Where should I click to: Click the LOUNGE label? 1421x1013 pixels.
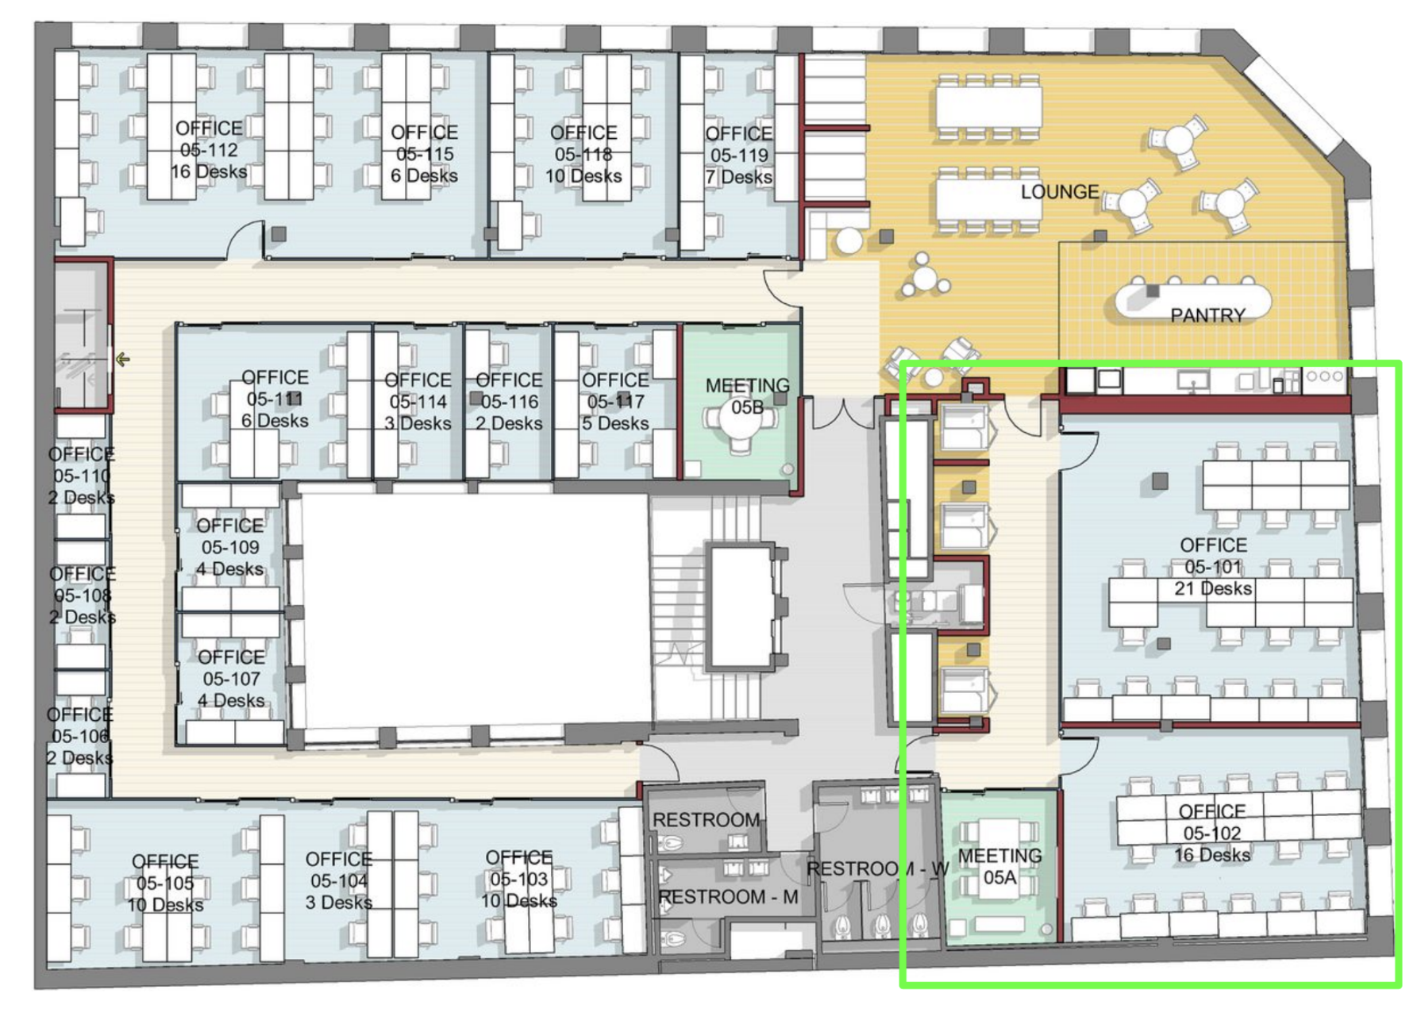pyautogui.click(x=1060, y=192)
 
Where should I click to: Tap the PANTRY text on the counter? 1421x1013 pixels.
pyautogui.click(x=1207, y=315)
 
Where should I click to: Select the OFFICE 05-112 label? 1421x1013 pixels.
pyautogui.click(x=209, y=150)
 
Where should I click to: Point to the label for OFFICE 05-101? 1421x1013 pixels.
pyautogui.click(x=1213, y=567)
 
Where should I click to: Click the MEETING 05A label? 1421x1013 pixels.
pyautogui.click(x=999, y=867)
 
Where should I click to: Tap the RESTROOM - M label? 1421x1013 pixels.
pyautogui.click(x=728, y=897)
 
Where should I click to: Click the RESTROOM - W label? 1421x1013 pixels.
pyautogui.click(x=877, y=869)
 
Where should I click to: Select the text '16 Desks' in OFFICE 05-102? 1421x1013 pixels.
pyautogui.click(x=1212, y=855)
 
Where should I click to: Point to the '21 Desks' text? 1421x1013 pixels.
pyautogui.click(x=1213, y=589)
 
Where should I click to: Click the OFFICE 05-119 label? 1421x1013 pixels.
pyautogui.click(x=738, y=155)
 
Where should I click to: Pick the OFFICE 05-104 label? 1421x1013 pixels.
pyautogui.click(x=339, y=881)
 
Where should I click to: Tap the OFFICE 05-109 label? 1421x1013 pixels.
pyautogui.click(x=230, y=548)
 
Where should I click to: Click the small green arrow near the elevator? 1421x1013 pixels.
pyautogui.click(x=122, y=360)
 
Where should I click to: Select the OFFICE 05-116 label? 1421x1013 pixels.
pyautogui.click(x=509, y=402)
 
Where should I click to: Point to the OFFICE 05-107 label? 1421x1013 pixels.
pyautogui.click(x=231, y=679)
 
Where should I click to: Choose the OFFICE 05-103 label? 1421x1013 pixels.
pyautogui.click(x=518, y=879)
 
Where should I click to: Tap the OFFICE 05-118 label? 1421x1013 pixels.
pyautogui.click(x=583, y=154)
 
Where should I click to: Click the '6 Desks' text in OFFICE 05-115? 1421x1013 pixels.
pyautogui.click(x=424, y=175)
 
